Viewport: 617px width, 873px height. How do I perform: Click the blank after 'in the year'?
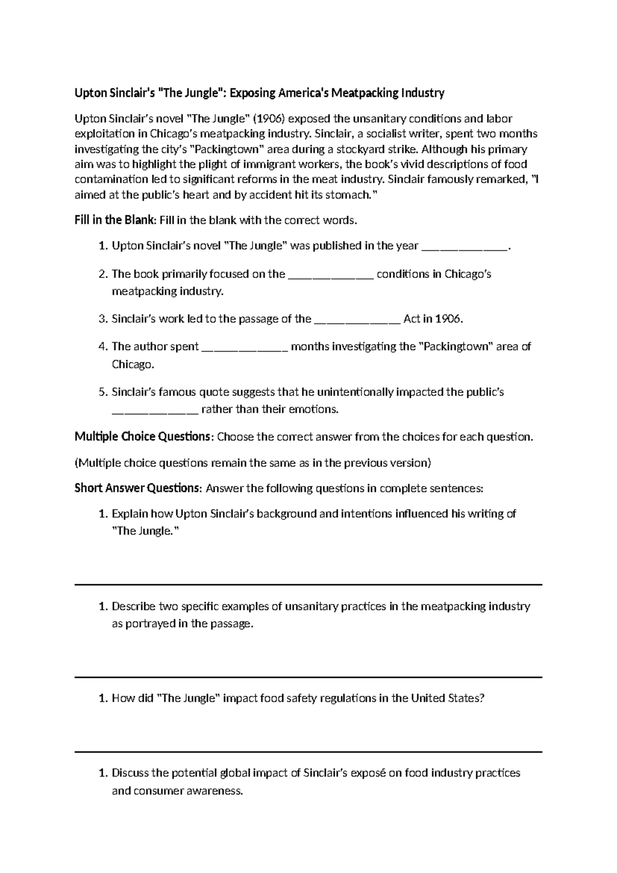(464, 246)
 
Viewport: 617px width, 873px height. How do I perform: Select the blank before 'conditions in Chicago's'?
(331, 274)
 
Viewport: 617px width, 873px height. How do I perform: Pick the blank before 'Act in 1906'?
(356, 319)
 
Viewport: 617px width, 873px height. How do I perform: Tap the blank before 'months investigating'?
(245, 347)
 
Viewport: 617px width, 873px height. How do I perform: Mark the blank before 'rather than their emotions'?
(154, 410)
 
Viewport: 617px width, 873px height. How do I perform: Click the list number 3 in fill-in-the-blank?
(102, 319)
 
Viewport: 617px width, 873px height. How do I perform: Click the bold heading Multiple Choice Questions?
(142, 437)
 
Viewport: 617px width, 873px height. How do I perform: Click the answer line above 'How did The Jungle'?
(308, 677)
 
